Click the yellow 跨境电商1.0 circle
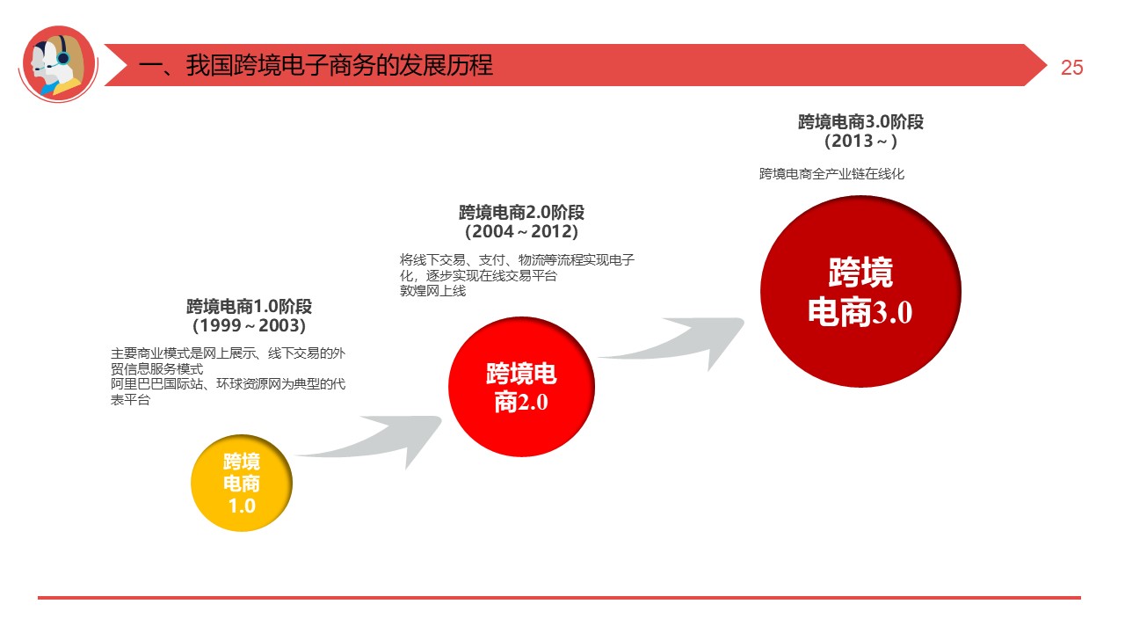[241, 483]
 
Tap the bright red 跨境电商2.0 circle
[521, 388]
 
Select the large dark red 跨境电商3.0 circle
[860, 291]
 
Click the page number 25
[1071, 68]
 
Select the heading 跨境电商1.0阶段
[249, 307]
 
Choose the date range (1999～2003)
[249, 326]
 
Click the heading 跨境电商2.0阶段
[521, 213]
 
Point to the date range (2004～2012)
[521, 232]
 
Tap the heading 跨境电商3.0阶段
[860, 121]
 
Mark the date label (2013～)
[860, 141]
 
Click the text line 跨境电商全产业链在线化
[831, 174]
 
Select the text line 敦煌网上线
[432, 291]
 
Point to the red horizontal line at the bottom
[559, 598]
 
